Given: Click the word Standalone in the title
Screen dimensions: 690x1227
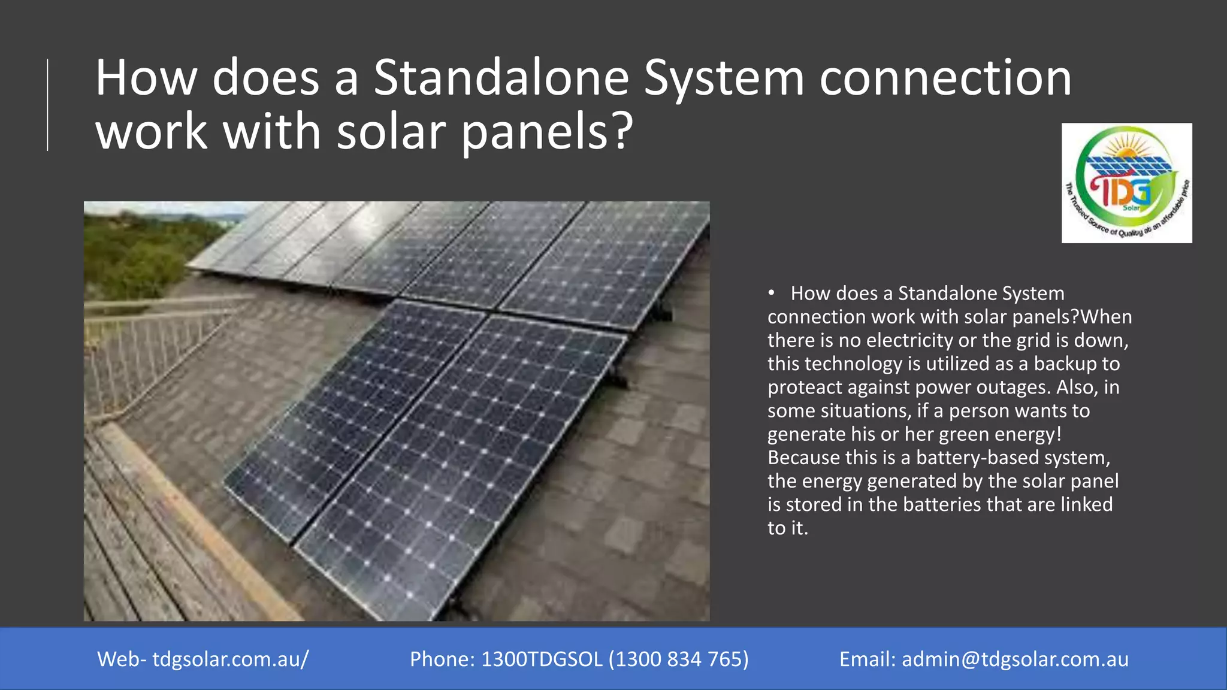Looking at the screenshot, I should tap(501, 78).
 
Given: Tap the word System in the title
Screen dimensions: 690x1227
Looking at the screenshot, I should tap(723, 78).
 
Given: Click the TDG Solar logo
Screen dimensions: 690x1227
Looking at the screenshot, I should tap(1126, 183).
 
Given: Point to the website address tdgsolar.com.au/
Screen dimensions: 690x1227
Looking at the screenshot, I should tap(231, 659).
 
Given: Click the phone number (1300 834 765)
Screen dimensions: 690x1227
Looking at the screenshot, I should tap(679, 659).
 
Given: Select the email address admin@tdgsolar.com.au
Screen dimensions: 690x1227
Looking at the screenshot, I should tap(1015, 659).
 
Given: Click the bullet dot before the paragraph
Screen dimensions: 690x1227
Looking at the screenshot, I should tap(772, 293).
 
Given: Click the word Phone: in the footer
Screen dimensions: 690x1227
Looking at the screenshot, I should tap(442, 659).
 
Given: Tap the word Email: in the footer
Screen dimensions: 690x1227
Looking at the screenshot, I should tap(867, 659).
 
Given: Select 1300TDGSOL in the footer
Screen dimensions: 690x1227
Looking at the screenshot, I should tap(542, 659).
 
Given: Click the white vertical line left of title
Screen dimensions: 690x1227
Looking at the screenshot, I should tap(48, 105).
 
